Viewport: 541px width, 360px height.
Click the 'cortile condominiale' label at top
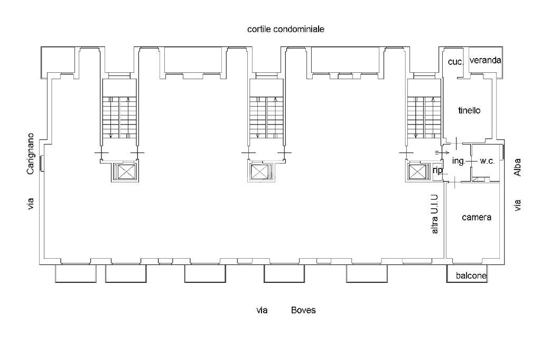pyautogui.click(x=285, y=30)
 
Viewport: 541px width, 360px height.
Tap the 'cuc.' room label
pyautogui.click(x=455, y=62)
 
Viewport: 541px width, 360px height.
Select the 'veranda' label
pyautogui.click(x=485, y=61)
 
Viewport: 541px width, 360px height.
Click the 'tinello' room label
pyautogui.click(x=469, y=111)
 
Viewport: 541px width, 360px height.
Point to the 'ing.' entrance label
pyautogui.click(x=458, y=161)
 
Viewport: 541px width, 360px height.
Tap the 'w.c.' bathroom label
pyautogui.click(x=487, y=161)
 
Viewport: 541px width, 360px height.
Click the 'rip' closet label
pyautogui.click(x=437, y=170)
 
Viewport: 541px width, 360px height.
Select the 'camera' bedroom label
pyautogui.click(x=476, y=217)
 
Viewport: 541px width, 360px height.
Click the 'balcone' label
pyautogui.click(x=471, y=276)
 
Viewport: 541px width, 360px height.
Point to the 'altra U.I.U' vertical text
pyautogui.click(x=435, y=214)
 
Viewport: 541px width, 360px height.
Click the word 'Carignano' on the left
pyautogui.click(x=31, y=154)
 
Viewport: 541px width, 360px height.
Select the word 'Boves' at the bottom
pyautogui.click(x=303, y=310)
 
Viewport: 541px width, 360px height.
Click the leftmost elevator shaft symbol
pyautogui.click(x=126, y=172)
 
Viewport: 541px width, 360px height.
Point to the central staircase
pyautogui.click(x=266, y=117)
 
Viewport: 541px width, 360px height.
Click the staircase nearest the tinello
pyautogui.click(x=424, y=117)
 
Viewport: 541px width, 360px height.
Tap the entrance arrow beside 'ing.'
pyautogui.click(x=439, y=153)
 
